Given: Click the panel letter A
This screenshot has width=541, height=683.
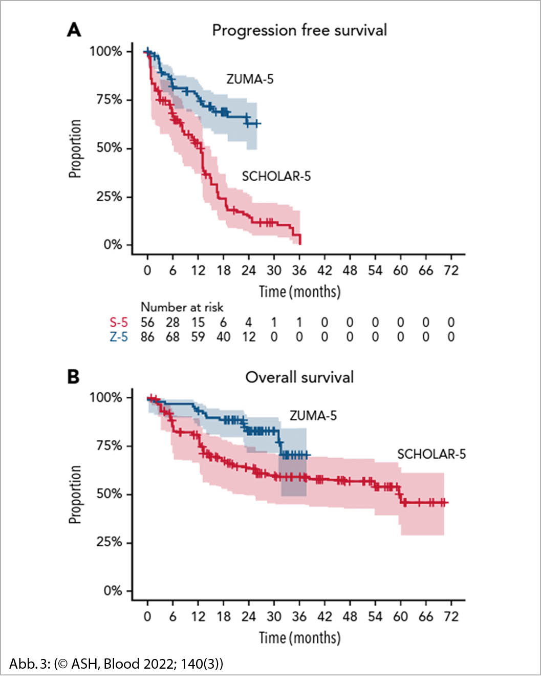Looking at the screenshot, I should pos(74,30).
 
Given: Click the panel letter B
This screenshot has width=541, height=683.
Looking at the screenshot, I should pos(74,377).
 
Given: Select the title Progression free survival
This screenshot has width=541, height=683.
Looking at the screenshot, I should pos(299,30).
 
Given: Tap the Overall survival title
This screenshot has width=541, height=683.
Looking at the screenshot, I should pos(299,377).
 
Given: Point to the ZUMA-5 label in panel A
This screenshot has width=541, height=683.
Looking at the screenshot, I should pos(250,79).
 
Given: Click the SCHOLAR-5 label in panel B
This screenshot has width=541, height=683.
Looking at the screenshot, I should pos(431,454).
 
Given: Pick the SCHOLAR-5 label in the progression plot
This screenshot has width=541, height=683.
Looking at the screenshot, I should pos(276,176).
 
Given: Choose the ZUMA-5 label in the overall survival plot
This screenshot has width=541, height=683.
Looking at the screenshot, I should pos(313,415).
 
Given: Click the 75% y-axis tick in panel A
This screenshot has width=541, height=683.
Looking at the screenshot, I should pos(109,100).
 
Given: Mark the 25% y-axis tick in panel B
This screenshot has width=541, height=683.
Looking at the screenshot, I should pos(109,542).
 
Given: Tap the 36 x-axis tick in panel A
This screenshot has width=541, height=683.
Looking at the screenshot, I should pos(299,270).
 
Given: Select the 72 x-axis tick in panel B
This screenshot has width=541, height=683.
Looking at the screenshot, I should pos(451,616).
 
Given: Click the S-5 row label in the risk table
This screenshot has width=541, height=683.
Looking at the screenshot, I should pos(119,323).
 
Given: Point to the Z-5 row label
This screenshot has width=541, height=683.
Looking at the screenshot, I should pos(119,337).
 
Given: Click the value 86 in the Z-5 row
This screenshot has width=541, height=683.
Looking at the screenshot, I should pos(147,337).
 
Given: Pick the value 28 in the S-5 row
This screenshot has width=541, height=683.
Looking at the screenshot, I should pos(172,323).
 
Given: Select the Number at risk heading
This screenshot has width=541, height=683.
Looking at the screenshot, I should pos(182,307).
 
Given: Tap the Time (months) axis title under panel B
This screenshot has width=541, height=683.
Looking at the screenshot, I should pos(299,638).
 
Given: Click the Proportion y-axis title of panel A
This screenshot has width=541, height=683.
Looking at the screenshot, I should pos(75,148).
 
